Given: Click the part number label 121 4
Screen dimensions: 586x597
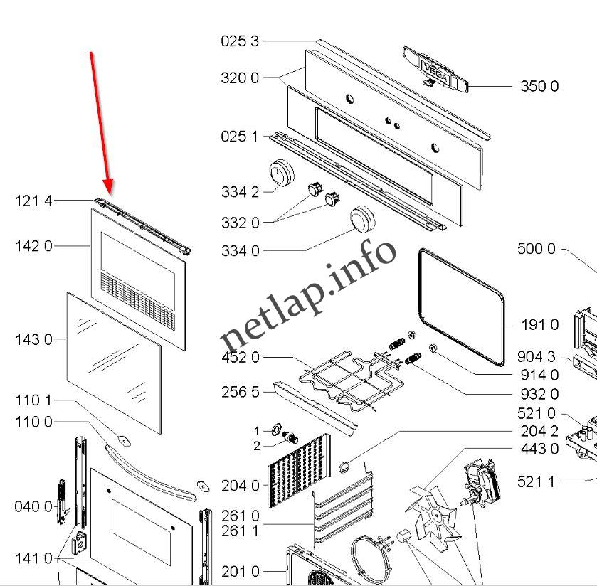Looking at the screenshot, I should pos(33,201).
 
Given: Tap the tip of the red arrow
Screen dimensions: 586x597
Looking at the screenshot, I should pos(108,194).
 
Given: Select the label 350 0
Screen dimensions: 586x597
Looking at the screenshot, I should pos(539,87).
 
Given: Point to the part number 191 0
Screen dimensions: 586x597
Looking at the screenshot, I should pos(539,325).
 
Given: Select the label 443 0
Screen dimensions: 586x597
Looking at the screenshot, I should pos(539,449).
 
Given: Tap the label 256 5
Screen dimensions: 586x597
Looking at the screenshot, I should pos(240,393).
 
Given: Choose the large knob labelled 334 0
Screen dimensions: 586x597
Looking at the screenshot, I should pos(364,220).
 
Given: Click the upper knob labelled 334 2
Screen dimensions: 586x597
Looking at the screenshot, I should pos(282,174).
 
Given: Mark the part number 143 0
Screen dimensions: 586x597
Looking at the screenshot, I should pos(33,340).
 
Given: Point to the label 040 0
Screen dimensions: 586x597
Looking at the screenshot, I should pos(33,507).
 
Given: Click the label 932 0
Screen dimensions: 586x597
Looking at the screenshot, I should pos(539,394).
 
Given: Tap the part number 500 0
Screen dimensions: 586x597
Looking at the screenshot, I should pos(536,249).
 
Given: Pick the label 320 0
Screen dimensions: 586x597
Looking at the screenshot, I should pos(240,78).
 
